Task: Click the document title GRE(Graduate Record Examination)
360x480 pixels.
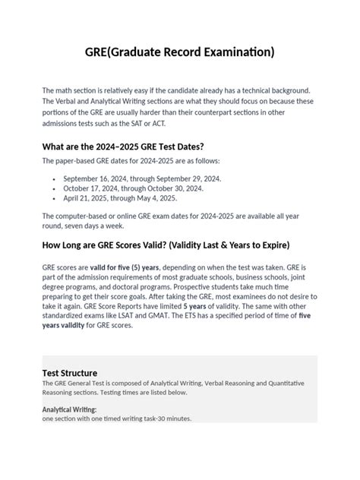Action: pos(179,52)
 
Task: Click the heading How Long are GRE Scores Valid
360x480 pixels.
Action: pos(166,245)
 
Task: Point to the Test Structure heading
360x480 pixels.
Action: pos(70,373)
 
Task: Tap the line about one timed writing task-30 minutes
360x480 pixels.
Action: pos(117,418)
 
